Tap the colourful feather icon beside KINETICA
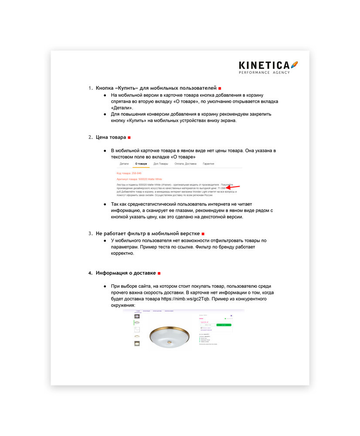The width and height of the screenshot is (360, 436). [x=295, y=65]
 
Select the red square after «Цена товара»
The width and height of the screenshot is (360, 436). [x=129, y=138]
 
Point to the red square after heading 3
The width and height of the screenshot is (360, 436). [x=203, y=234]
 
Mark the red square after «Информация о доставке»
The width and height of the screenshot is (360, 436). [x=159, y=273]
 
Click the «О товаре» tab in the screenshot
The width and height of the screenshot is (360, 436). [x=141, y=164]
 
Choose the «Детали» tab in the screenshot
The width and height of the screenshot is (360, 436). [x=124, y=164]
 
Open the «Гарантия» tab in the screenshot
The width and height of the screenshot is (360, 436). [x=208, y=164]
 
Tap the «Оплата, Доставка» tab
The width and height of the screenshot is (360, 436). [x=185, y=164]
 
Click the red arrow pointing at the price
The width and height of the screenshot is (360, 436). [x=234, y=187]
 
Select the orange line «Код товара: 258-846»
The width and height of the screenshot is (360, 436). [x=129, y=173]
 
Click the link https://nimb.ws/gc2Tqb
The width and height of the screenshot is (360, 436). [x=185, y=299]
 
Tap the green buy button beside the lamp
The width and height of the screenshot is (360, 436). [x=224, y=325]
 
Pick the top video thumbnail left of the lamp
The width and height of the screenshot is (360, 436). [x=137, y=316]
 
